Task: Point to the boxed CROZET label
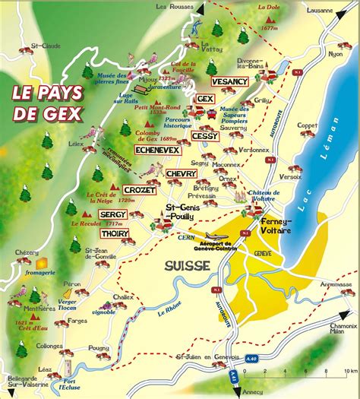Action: pyautogui.click(x=139, y=189)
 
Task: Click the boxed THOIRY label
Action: pyautogui.click(x=114, y=233)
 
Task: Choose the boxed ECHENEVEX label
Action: pyautogui.click(x=156, y=150)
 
